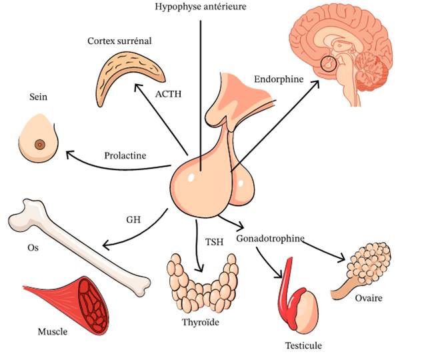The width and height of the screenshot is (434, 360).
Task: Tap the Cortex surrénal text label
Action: coord(119,41)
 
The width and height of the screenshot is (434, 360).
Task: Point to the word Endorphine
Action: coord(278,79)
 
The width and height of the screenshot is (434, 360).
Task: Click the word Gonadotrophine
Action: coord(270,238)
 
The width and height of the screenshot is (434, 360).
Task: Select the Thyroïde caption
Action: coord(200,323)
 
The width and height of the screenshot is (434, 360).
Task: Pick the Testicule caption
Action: coord(303,345)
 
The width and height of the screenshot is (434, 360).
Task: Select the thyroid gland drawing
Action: coord(201,283)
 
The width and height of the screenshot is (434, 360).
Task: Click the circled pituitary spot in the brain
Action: coord(328,65)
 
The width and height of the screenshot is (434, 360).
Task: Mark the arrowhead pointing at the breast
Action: coord(67,155)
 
